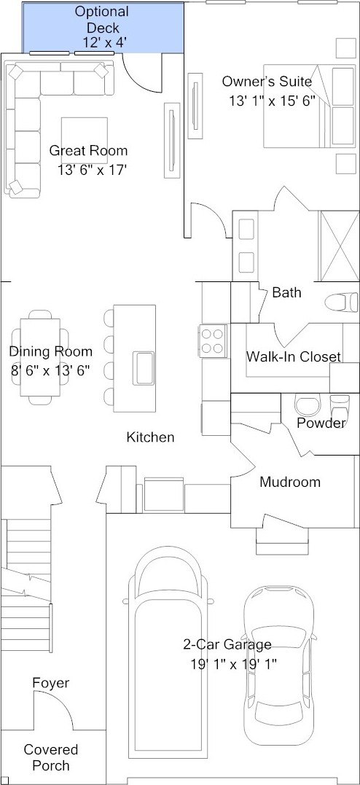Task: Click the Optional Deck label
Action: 101,27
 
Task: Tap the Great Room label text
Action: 87,151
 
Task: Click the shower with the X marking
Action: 338,244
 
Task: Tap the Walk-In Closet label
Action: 293,356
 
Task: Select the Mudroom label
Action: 290,482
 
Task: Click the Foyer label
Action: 51,683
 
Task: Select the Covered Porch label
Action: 51,757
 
